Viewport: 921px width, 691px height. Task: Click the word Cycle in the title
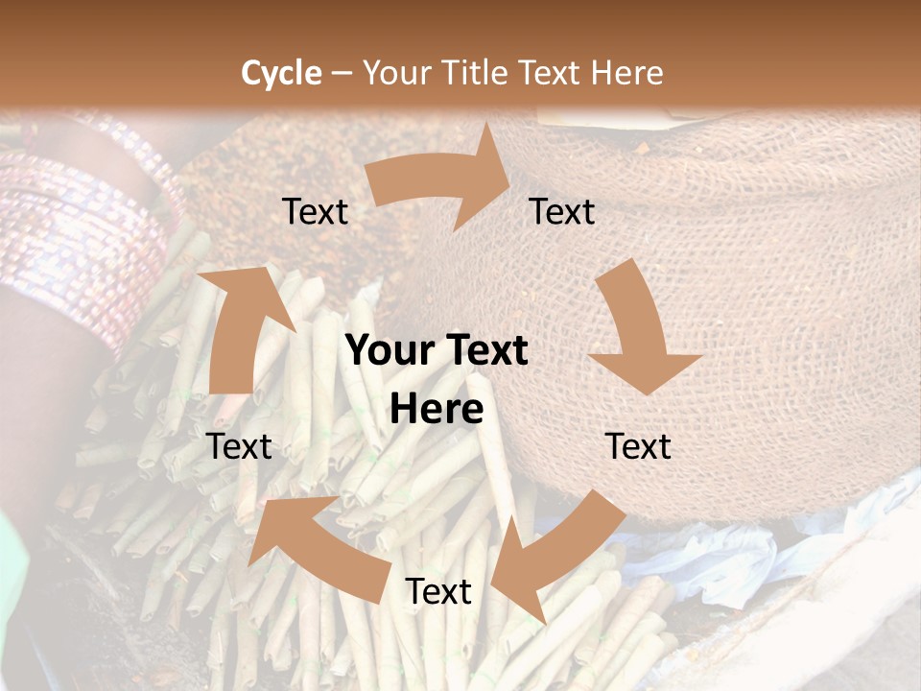(281, 73)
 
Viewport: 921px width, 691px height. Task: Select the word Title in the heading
(478, 73)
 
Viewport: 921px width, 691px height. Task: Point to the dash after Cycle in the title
(342, 74)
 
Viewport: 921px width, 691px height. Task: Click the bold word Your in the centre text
(390, 350)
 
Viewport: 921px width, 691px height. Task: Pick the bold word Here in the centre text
(437, 409)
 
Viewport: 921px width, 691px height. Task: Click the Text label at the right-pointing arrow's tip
(562, 211)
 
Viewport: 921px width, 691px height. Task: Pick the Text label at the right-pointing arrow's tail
(315, 211)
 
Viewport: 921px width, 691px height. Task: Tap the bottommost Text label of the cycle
(438, 591)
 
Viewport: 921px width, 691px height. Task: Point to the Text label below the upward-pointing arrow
(239, 446)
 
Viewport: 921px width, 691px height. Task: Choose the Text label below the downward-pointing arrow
(639, 446)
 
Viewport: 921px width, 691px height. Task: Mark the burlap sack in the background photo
(767, 288)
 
